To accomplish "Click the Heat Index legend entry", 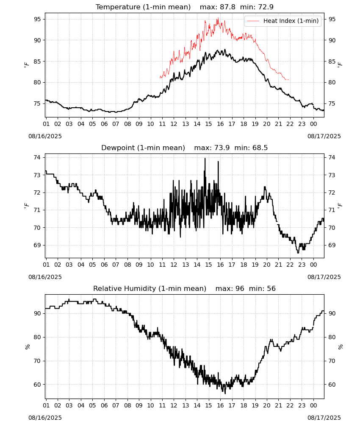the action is [283, 21].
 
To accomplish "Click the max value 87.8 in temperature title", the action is [227, 7].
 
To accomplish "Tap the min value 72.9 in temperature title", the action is [266, 7].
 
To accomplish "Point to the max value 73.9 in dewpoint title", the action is [222, 148].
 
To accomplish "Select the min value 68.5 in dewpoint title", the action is [260, 148].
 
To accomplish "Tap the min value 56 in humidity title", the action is [271, 288].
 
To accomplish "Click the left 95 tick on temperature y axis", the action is [37, 19].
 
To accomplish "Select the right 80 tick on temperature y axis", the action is [332, 83].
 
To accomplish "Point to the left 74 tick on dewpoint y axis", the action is [37, 157].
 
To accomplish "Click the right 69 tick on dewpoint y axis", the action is [332, 245].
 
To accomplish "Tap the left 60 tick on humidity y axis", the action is [37, 385].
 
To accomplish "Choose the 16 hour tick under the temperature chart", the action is [220, 124].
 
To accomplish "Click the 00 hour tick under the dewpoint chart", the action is [313, 265].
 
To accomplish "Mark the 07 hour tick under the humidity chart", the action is [116, 405].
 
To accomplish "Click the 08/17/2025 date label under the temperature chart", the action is [324, 136].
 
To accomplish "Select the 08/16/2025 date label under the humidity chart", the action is [45, 418].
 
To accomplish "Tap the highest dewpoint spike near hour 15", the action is [205, 159].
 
